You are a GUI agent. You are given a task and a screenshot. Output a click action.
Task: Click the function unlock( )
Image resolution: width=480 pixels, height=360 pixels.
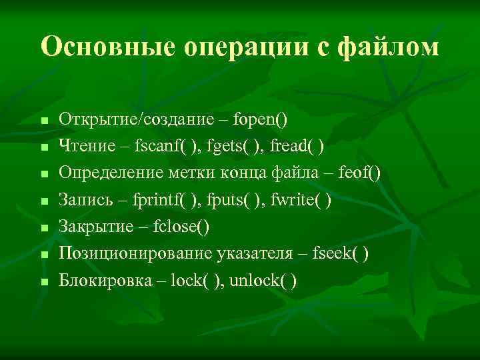[263, 280]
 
